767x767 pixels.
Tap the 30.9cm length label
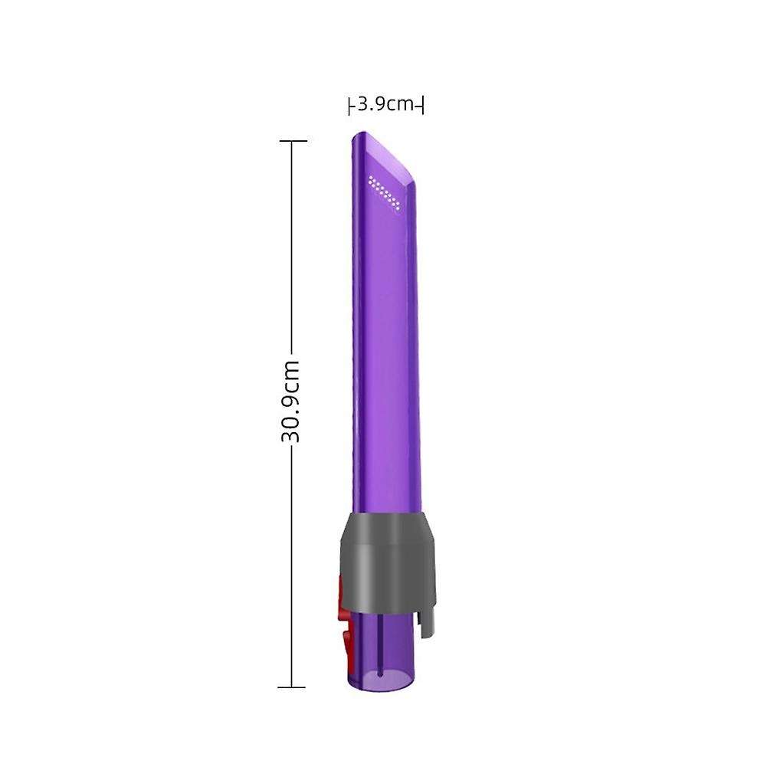tap(290, 402)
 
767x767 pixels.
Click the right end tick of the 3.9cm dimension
tap(422, 105)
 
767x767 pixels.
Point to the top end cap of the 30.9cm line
tap(292, 141)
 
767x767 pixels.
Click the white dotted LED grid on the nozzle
tap(385, 192)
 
